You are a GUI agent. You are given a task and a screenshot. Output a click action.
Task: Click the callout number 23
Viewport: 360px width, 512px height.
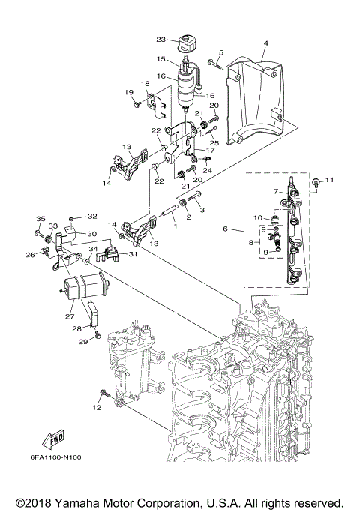(x=160, y=40)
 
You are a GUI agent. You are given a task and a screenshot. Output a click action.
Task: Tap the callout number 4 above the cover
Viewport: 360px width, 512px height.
(x=265, y=44)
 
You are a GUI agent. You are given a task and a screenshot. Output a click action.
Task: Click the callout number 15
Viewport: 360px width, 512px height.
(x=160, y=58)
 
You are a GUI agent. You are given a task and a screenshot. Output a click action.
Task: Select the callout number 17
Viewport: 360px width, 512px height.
(x=200, y=150)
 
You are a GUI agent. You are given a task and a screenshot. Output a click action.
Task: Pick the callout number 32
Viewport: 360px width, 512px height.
(x=92, y=217)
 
